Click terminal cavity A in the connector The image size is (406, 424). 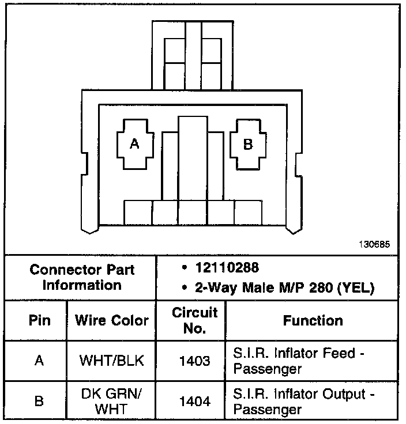[134, 144]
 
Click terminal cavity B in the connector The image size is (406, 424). [248, 145]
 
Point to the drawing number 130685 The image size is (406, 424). [374, 244]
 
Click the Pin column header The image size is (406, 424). [39, 320]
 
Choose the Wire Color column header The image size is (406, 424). [112, 320]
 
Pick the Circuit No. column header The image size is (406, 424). [195, 320]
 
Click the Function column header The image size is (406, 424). [313, 320]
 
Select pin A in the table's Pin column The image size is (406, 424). [39, 361]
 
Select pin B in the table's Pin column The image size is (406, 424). [39, 402]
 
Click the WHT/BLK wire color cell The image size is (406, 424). [112, 361]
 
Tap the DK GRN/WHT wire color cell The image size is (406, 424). [112, 402]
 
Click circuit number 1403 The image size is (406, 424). [195, 361]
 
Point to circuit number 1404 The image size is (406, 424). [195, 402]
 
